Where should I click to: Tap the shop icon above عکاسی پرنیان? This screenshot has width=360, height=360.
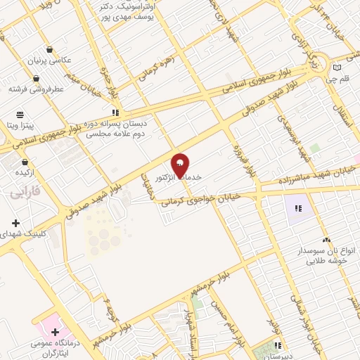(x=49, y=49)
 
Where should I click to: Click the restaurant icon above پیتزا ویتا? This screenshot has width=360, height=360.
(x=20, y=113)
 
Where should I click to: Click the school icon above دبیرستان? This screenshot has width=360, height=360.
(x=279, y=345)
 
